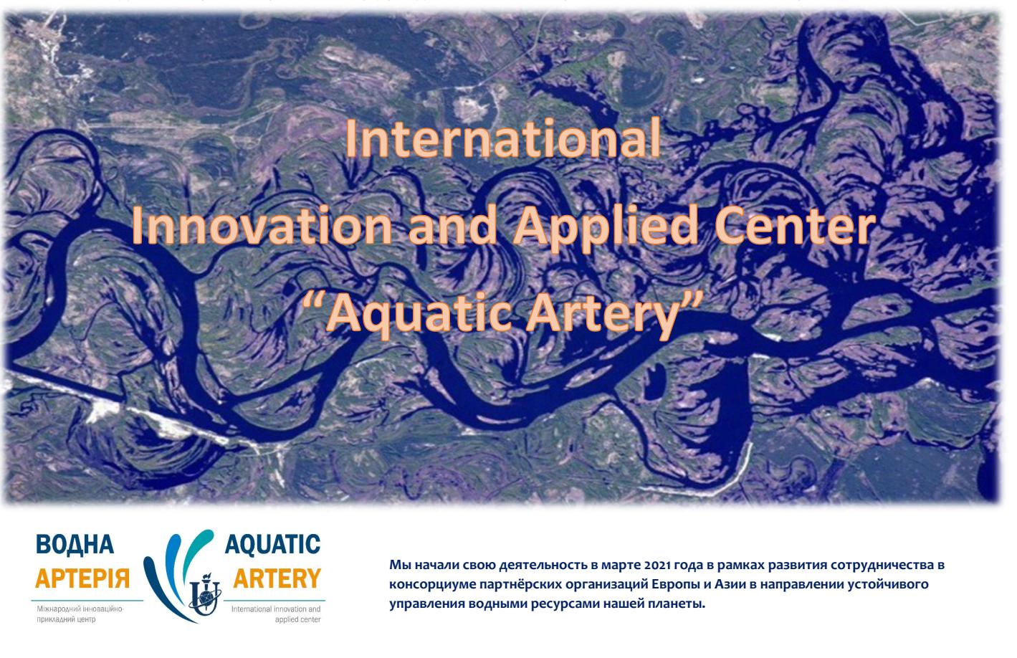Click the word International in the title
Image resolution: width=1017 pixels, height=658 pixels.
pyautogui.click(x=502, y=138)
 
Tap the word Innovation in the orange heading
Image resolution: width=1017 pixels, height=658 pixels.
pyautogui.click(x=262, y=225)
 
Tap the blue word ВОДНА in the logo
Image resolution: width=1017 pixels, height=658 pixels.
pyautogui.click(x=75, y=544)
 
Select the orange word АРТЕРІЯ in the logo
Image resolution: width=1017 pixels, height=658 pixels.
pyautogui.click(x=82, y=578)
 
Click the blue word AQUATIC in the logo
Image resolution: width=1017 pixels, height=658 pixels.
pyautogui.click(x=273, y=544)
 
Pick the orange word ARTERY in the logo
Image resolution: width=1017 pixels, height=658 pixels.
pyautogui.click(x=277, y=578)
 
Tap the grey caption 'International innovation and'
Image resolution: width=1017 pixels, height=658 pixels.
pyautogui.click(x=276, y=609)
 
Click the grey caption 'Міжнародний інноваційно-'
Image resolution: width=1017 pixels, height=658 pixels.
pyautogui.click(x=80, y=609)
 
